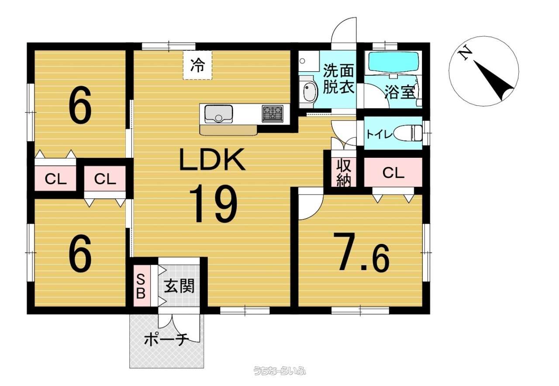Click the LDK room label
pyautogui.click(x=212, y=161)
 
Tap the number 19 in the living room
pyautogui.click(x=213, y=203)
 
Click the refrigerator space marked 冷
pyautogui.click(x=197, y=65)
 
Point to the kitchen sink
pyautogui.click(x=218, y=114)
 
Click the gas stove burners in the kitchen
pyautogui.click(x=273, y=114)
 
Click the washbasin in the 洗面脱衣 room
pyautogui.click(x=309, y=92)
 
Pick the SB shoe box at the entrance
pyautogui.click(x=141, y=286)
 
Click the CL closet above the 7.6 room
pyautogui.click(x=393, y=173)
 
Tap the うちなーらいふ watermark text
pyautogui.click(x=279, y=371)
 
